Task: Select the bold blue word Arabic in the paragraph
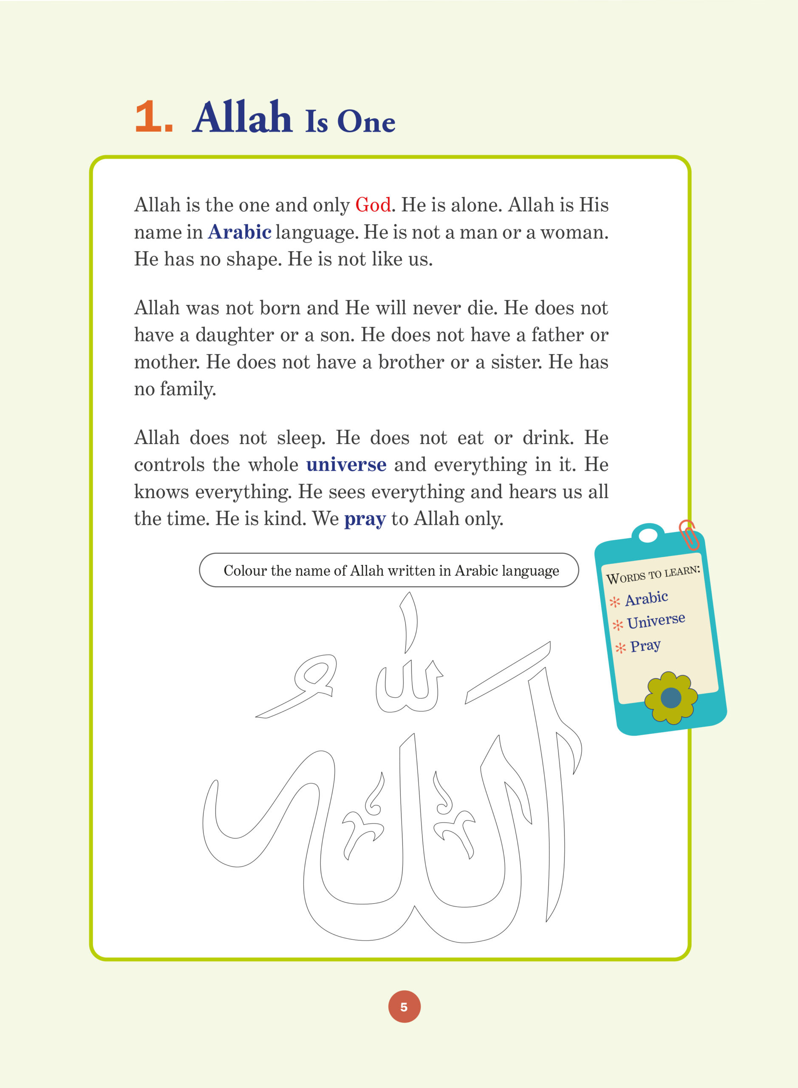240,232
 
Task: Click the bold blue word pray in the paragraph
365,519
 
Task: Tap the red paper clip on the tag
688,534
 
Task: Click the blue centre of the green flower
671,697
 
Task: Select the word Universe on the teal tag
656,621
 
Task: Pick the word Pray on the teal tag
645,646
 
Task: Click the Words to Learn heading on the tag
653,575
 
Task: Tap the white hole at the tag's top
648,536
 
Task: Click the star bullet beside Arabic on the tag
614,602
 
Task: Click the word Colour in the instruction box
245,571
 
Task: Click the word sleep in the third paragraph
300,438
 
